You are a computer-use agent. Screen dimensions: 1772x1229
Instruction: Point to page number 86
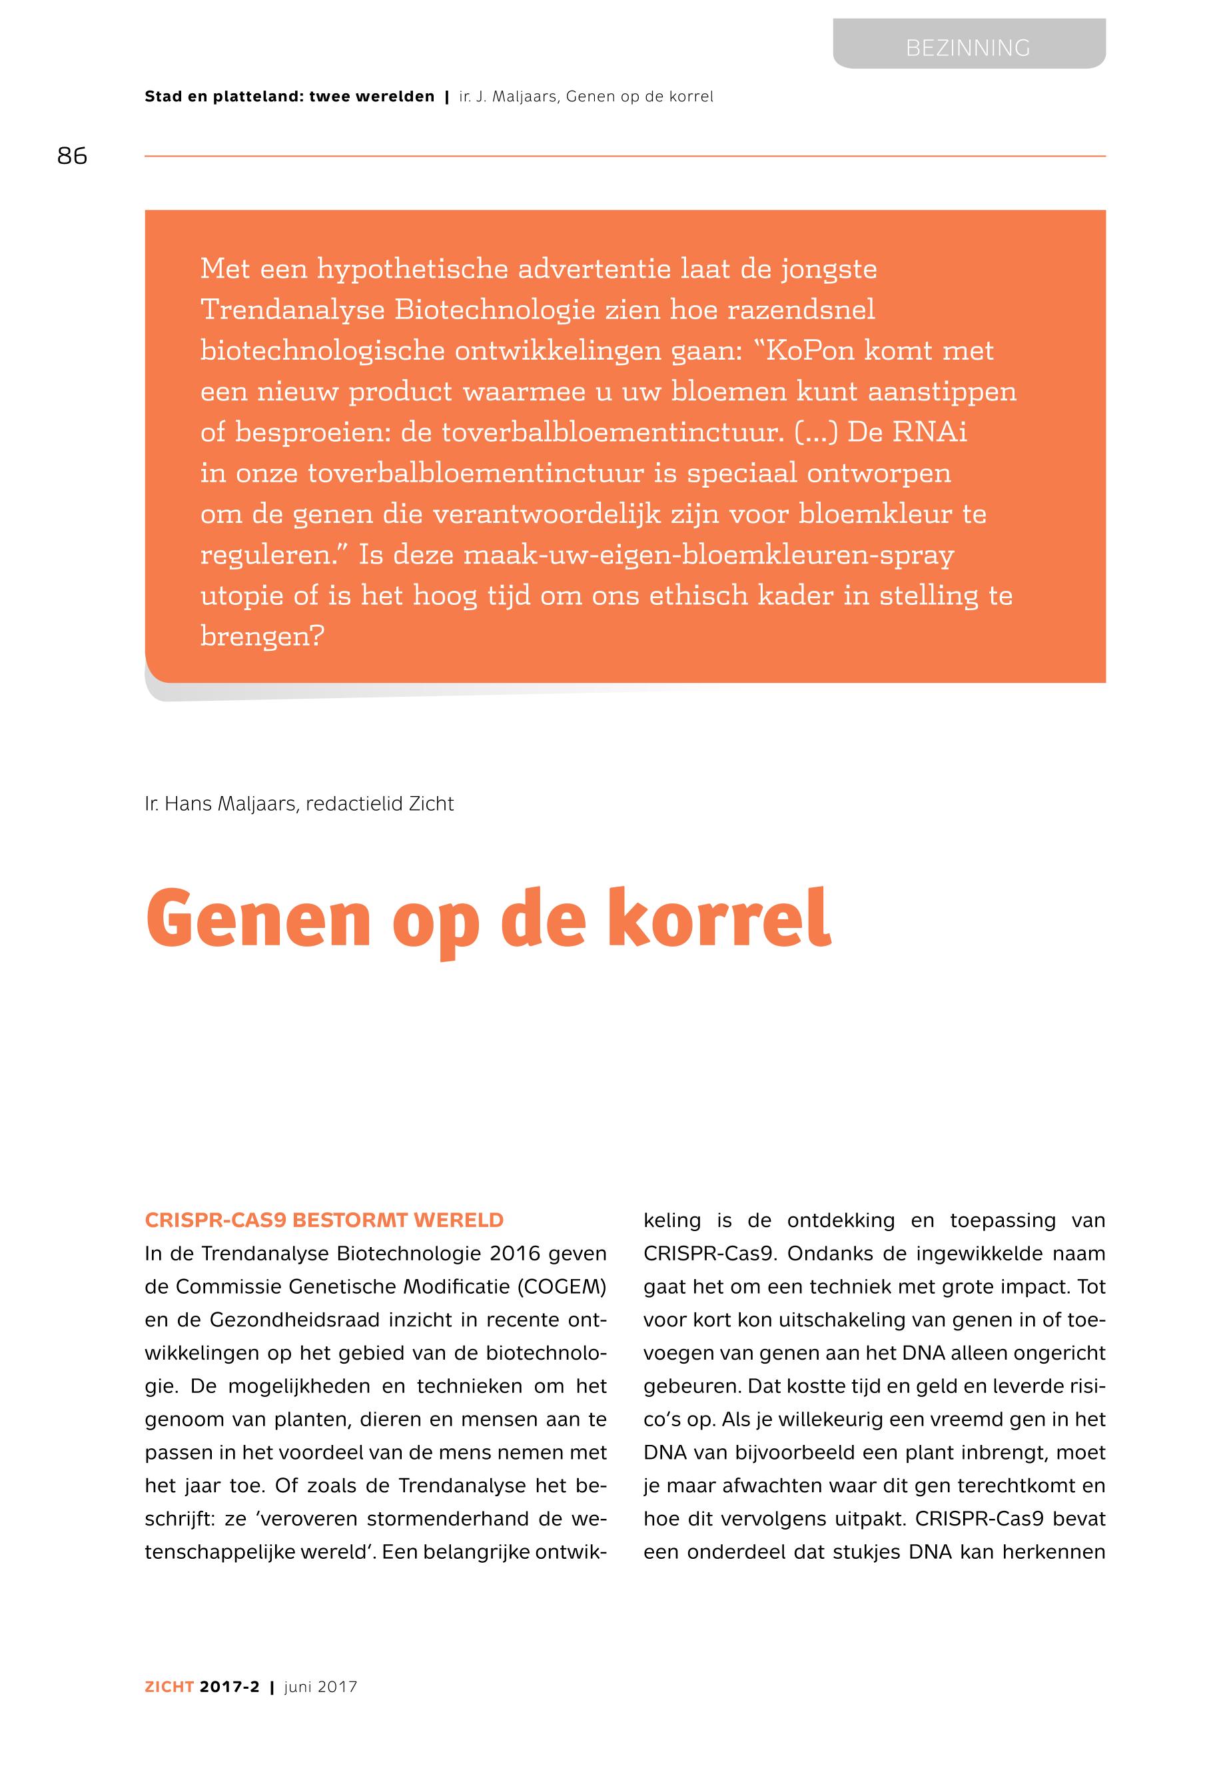point(73,157)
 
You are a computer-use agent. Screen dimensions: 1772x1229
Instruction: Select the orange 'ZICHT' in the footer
point(169,1687)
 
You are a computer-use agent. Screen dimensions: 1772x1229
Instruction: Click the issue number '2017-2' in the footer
point(229,1687)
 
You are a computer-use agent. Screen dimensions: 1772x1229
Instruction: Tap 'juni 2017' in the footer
point(320,1687)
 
